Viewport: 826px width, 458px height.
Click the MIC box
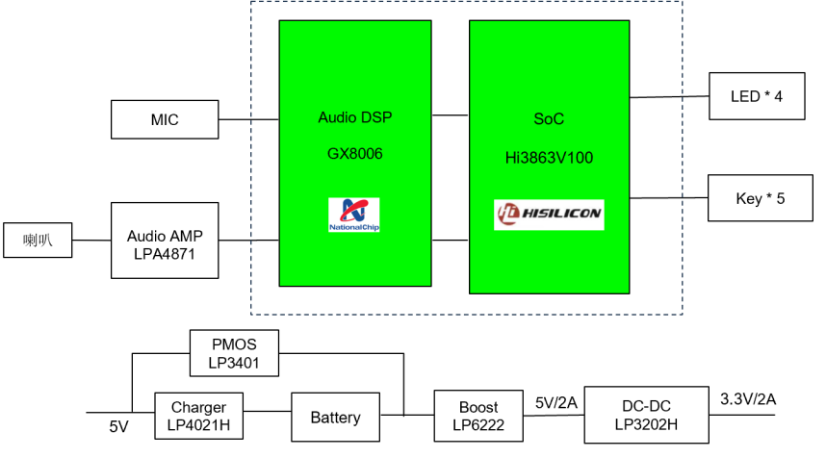pyautogui.click(x=165, y=119)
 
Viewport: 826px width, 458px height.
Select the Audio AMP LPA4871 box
pyautogui.click(x=165, y=241)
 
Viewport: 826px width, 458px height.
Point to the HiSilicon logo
pyautogui.click(x=549, y=215)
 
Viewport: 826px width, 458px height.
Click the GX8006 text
pyautogui.click(x=355, y=153)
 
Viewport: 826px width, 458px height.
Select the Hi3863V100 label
pyautogui.click(x=549, y=154)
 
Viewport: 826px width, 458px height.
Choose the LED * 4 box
pyautogui.click(x=757, y=96)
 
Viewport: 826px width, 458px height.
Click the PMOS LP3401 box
pyautogui.click(x=234, y=353)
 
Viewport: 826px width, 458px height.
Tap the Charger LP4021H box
pyautogui.click(x=198, y=417)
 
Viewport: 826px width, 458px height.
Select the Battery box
pyautogui.click(x=335, y=417)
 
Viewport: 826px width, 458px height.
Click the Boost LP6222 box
pyautogui.click(x=478, y=415)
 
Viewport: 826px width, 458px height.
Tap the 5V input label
pyautogui.click(x=117, y=425)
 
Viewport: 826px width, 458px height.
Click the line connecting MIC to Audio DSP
pyautogui.click(x=248, y=119)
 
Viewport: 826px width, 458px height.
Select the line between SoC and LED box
pyautogui.click(x=668, y=97)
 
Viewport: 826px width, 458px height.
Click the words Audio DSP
pyautogui.click(x=355, y=117)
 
